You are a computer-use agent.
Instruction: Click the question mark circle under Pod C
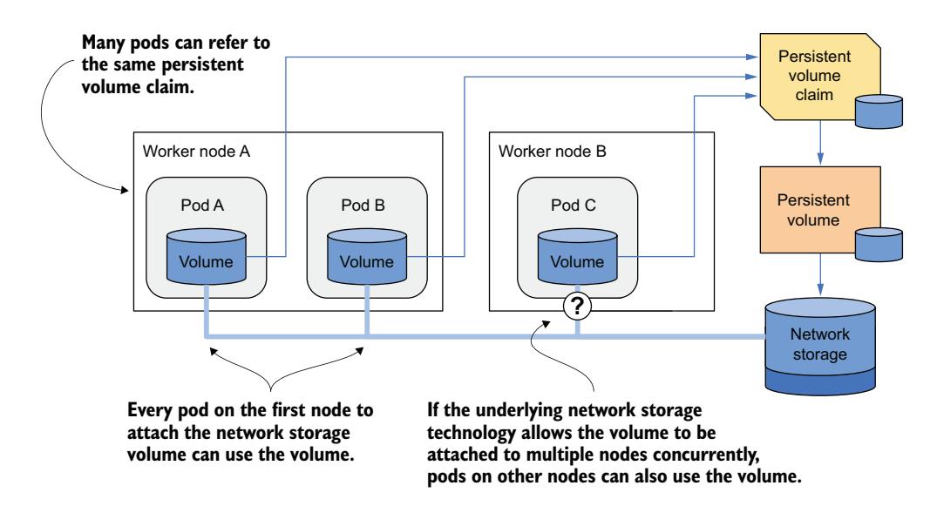coord(576,306)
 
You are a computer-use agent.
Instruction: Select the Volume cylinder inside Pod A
coord(207,257)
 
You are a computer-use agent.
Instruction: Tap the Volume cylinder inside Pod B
coord(366,257)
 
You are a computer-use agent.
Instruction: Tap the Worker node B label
coord(546,151)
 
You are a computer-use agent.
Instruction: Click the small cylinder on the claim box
coord(878,109)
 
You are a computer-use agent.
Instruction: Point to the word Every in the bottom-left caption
coord(148,408)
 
